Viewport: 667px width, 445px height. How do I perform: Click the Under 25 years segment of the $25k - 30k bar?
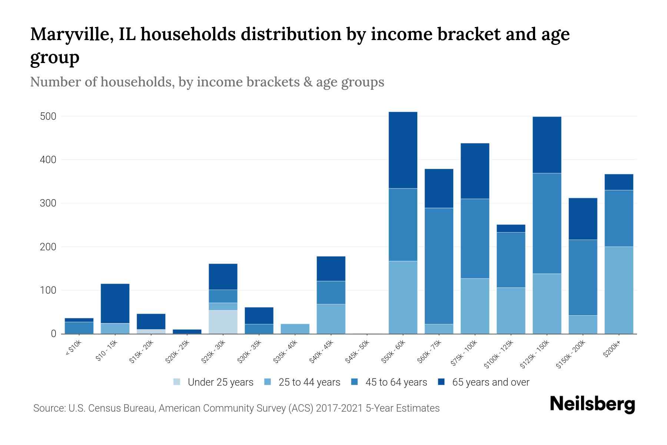223,322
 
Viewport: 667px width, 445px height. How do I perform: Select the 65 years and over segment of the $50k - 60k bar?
403,150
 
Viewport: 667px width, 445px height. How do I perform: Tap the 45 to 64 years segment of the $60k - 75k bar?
439,266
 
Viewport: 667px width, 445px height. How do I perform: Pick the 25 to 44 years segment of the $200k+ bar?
618,290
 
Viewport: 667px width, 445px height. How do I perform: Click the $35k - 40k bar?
295,329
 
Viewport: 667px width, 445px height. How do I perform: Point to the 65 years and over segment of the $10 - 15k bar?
115,303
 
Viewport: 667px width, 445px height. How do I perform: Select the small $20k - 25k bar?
187,331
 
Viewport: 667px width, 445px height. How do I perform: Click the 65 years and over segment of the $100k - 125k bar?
511,228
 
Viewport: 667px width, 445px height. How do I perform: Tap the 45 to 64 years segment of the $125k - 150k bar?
547,223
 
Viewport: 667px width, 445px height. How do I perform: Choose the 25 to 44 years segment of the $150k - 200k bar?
583,324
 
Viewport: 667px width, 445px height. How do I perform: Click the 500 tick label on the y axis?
48,116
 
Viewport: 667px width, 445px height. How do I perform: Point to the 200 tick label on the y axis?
48,247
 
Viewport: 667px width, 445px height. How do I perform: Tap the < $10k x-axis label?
73,348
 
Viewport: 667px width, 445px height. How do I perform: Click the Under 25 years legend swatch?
177,382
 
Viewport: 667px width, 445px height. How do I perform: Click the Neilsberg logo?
592,404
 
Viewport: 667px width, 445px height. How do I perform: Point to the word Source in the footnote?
49,408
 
